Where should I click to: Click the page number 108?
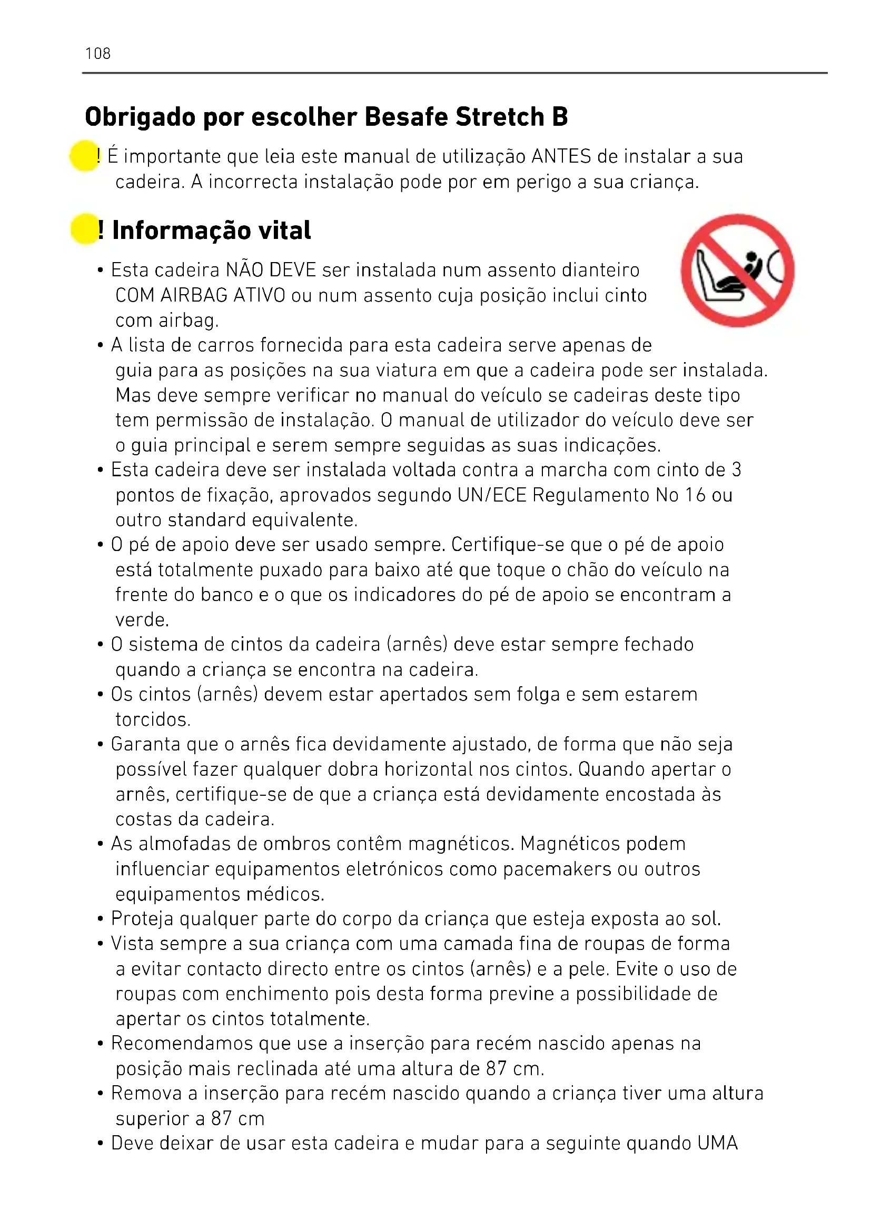[97, 54]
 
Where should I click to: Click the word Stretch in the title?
[499, 117]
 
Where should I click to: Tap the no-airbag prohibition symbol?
[737, 270]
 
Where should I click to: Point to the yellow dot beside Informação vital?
[84, 229]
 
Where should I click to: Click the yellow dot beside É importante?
[84, 156]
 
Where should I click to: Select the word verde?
[142, 620]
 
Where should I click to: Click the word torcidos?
[153, 719]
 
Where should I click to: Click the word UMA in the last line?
[718, 1144]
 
